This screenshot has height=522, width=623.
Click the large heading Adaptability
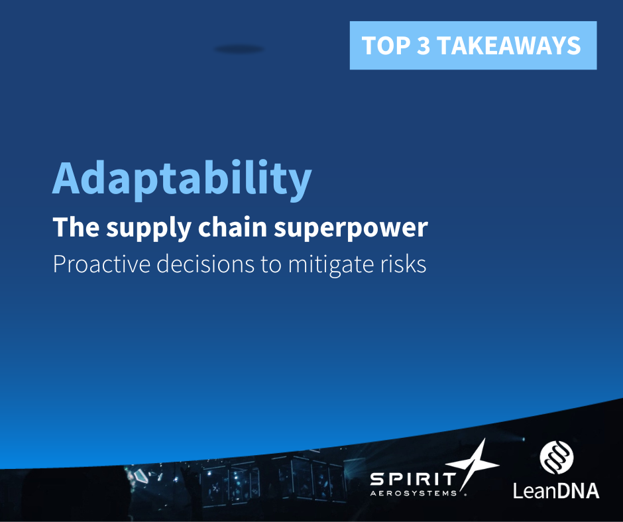[x=182, y=178]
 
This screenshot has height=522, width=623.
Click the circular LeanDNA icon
[x=557, y=458]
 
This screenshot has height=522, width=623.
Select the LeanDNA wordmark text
[x=557, y=490]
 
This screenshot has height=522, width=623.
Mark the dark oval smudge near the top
[x=239, y=49]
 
